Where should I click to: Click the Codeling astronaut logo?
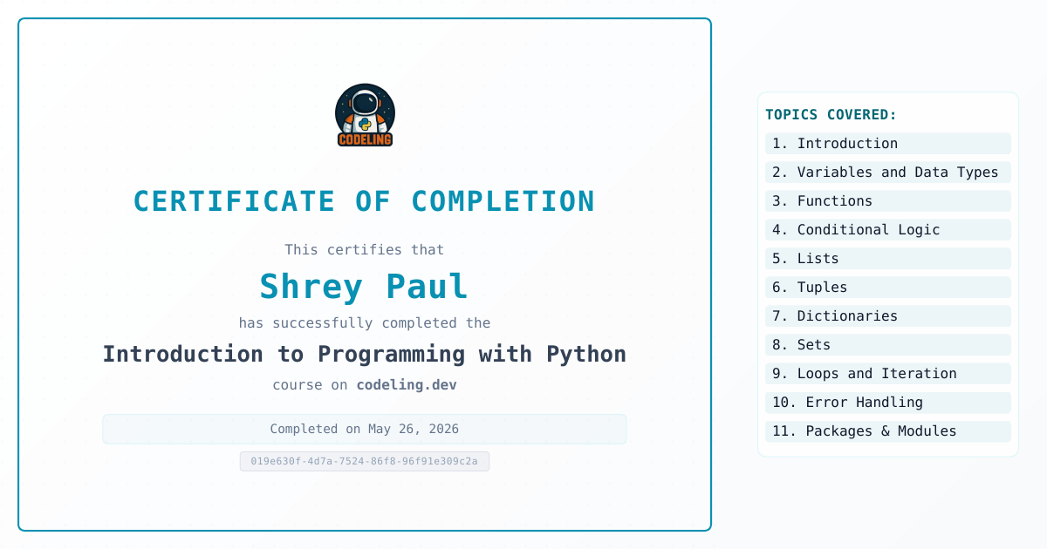(365, 115)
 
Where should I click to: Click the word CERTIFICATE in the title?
(234, 201)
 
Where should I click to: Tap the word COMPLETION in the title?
(503, 201)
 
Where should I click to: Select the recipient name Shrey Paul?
(364, 287)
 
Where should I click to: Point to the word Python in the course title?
(586, 355)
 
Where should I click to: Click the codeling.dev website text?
(407, 384)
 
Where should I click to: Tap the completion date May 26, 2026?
(414, 429)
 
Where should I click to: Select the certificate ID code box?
(365, 461)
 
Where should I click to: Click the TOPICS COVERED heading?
(831, 114)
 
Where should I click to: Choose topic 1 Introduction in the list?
(888, 143)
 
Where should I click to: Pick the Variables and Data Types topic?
(888, 173)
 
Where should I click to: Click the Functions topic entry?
(888, 201)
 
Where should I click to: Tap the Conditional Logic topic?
(888, 230)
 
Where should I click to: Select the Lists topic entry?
(888, 259)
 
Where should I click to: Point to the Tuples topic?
(888, 287)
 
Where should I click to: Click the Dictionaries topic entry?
(888, 316)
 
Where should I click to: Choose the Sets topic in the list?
(888, 345)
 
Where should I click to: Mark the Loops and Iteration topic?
(888, 374)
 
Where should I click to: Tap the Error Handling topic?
(888, 403)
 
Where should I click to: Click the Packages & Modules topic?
(888, 431)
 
